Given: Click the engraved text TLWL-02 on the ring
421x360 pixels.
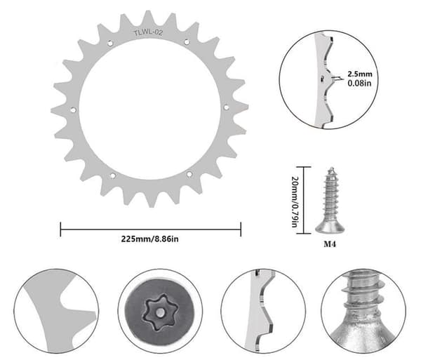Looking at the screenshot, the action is coord(148,33).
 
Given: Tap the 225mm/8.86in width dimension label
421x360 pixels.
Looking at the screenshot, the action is coord(150,239).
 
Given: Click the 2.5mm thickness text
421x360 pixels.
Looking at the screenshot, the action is coord(360,74).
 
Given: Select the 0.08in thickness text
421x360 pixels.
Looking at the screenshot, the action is coord(359,83).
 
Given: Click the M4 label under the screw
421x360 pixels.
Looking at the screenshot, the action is coord(330,244).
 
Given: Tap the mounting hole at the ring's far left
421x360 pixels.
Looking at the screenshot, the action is coord(73,109).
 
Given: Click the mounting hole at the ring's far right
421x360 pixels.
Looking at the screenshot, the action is coord(227,107).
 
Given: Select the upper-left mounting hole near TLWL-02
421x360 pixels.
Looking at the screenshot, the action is coord(110,43).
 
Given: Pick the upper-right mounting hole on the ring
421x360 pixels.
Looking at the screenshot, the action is coord(187,42).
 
